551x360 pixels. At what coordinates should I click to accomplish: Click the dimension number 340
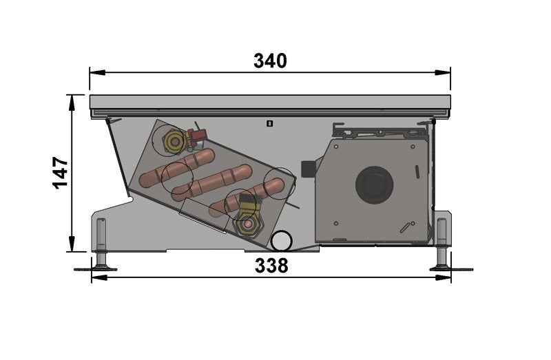(x=270, y=61)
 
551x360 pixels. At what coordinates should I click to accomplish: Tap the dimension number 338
(x=271, y=266)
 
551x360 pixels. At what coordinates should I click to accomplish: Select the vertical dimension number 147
(x=61, y=173)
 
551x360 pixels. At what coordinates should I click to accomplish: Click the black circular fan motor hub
(x=374, y=185)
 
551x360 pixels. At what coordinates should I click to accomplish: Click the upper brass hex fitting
(x=174, y=142)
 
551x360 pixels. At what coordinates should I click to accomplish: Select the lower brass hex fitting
(x=249, y=224)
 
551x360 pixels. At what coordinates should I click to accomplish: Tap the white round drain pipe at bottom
(x=282, y=241)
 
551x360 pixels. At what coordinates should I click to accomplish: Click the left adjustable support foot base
(x=99, y=269)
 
